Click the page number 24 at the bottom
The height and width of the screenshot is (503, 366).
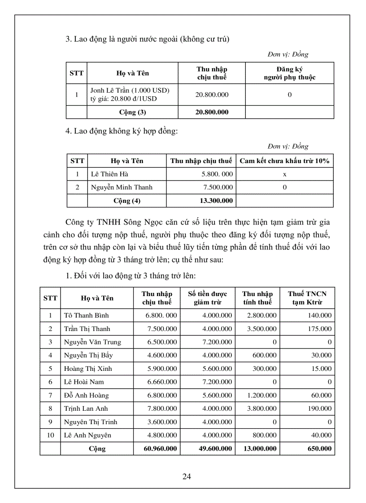click(187, 476)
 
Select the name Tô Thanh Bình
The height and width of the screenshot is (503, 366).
click(86, 315)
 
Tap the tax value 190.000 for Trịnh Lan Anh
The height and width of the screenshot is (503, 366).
click(320, 408)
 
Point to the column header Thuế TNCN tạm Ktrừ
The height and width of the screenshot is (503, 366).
click(307, 298)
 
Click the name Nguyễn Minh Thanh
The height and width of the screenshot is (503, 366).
click(122, 187)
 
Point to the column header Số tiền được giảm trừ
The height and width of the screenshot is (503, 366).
click(208, 298)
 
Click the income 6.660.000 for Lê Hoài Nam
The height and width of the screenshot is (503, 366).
click(161, 382)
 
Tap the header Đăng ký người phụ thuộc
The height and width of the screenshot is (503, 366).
click(289, 73)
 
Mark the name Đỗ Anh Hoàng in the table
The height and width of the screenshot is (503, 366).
click(86, 396)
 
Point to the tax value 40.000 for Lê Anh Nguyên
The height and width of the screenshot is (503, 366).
click(322, 435)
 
